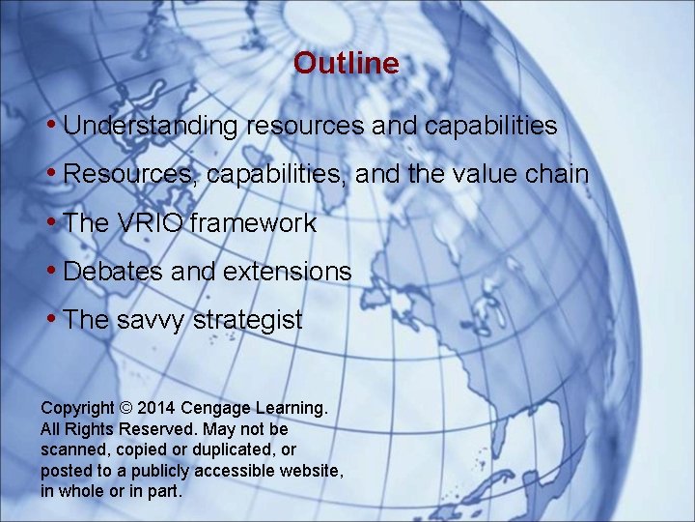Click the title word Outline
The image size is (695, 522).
[x=346, y=64]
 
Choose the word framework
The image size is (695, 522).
[x=253, y=223]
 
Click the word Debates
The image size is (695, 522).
[x=113, y=272]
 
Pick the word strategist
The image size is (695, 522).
[x=249, y=320]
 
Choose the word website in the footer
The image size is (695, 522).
[x=308, y=471]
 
